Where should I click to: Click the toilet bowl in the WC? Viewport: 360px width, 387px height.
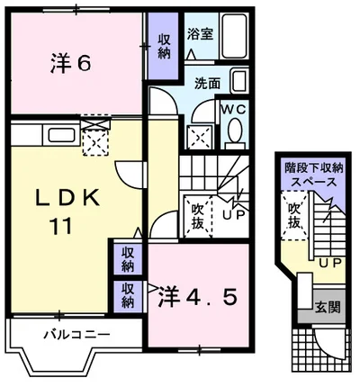(236, 132)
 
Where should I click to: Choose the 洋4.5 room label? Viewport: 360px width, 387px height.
(200, 294)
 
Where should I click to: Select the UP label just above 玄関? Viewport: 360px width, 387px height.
(329, 264)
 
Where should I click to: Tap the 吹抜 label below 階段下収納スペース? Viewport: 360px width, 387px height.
(294, 215)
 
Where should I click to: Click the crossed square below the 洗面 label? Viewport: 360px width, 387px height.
(199, 137)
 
